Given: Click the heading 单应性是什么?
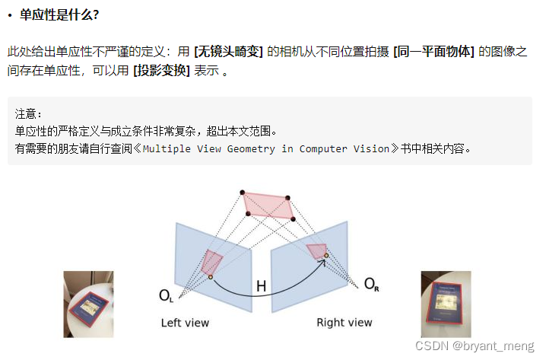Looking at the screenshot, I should (59, 14).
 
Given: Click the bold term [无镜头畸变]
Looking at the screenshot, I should (229, 52).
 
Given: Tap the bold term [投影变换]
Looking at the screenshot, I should (161, 71).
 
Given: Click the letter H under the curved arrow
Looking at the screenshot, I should (261, 286).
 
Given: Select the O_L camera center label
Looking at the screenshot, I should (166, 295).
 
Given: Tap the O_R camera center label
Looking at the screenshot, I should (372, 285).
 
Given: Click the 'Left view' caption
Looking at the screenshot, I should (185, 323).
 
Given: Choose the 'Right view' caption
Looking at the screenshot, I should (344, 323).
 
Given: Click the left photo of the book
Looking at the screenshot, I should (87, 304).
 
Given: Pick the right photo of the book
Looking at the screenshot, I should (446, 304).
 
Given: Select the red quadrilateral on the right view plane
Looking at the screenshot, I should (316, 252).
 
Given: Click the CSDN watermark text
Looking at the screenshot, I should (433, 346).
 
